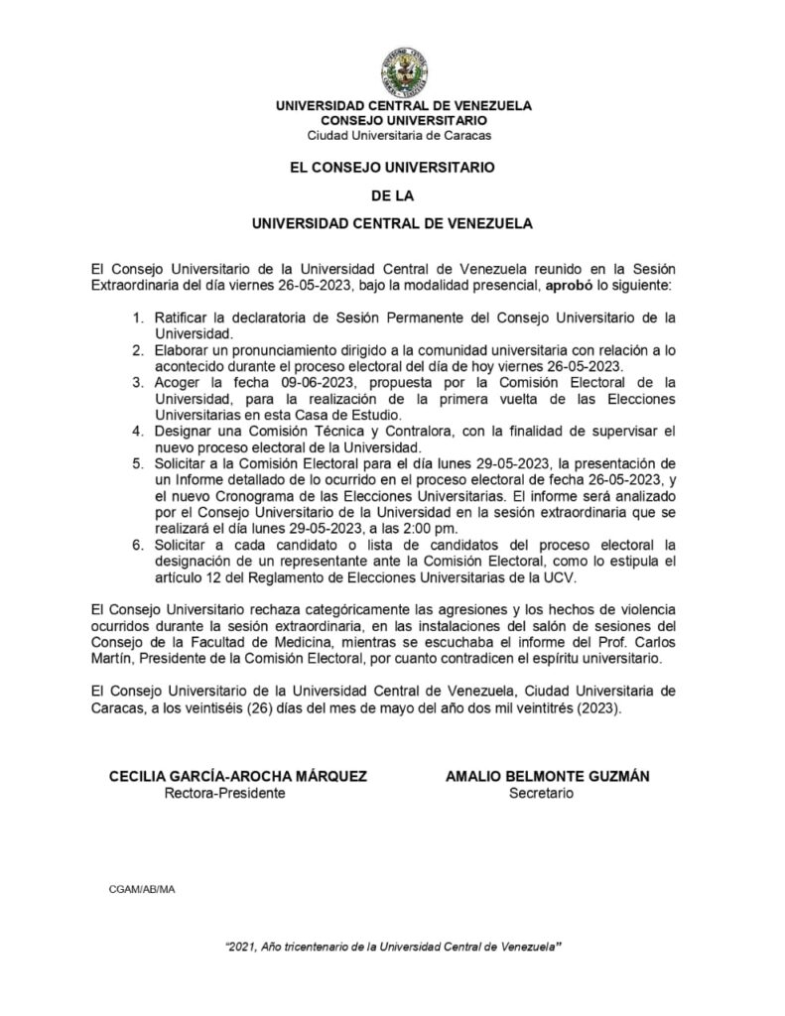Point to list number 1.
pos(137,317)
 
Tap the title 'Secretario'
pos(541,793)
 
